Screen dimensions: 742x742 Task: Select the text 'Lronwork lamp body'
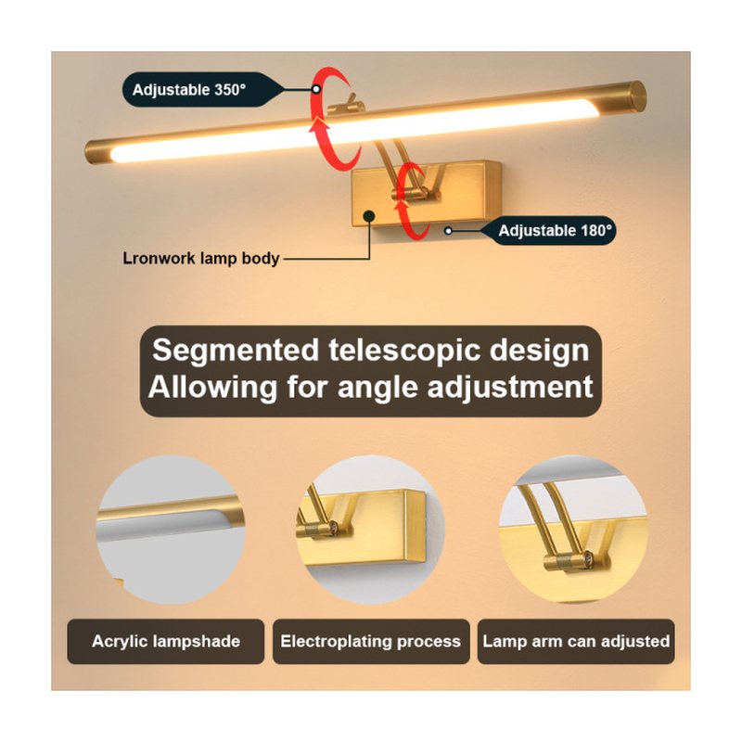[201, 259]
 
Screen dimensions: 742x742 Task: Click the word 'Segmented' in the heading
[236, 351]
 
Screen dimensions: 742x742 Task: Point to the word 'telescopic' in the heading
[404, 352]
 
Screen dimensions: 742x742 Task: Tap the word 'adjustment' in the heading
[509, 388]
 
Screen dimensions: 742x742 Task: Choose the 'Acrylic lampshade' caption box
[166, 641]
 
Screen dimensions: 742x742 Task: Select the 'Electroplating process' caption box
[370, 641]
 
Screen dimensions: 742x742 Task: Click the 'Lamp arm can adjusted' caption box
[576, 641]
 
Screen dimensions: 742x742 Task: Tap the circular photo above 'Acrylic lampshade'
[171, 530]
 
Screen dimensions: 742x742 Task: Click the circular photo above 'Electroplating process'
[370, 530]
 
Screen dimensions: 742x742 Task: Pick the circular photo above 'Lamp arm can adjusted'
[573, 530]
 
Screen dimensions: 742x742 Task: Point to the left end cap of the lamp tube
[96, 152]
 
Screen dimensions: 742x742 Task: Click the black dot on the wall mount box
[369, 217]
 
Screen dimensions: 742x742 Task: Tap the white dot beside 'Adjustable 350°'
[316, 89]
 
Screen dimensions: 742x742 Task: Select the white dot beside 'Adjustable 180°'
[448, 231]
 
